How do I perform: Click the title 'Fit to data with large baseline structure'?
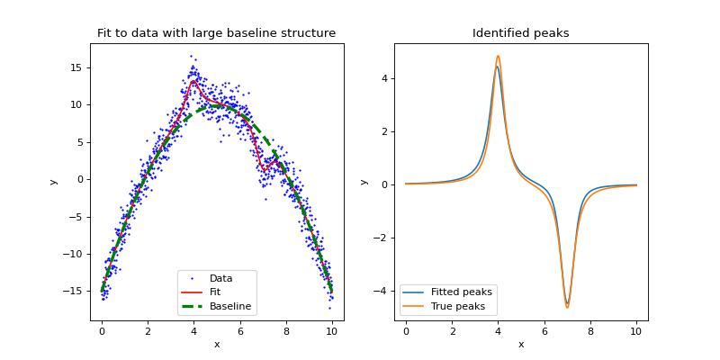[x=216, y=33]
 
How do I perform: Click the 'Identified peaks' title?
[x=520, y=33]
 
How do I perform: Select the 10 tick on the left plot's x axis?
[x=332, y=332]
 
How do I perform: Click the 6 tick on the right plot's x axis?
[x=544, y=332]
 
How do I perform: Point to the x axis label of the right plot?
[x=520, y=345]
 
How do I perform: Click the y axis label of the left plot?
[x=53, y=182]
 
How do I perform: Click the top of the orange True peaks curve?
[x=498, y=56]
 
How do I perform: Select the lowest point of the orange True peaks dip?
[x=567, y=308]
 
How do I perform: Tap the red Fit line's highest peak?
[x=193, y=81]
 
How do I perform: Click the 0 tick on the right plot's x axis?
[x=406, y=332]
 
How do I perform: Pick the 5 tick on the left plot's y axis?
[x=82, y=142]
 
